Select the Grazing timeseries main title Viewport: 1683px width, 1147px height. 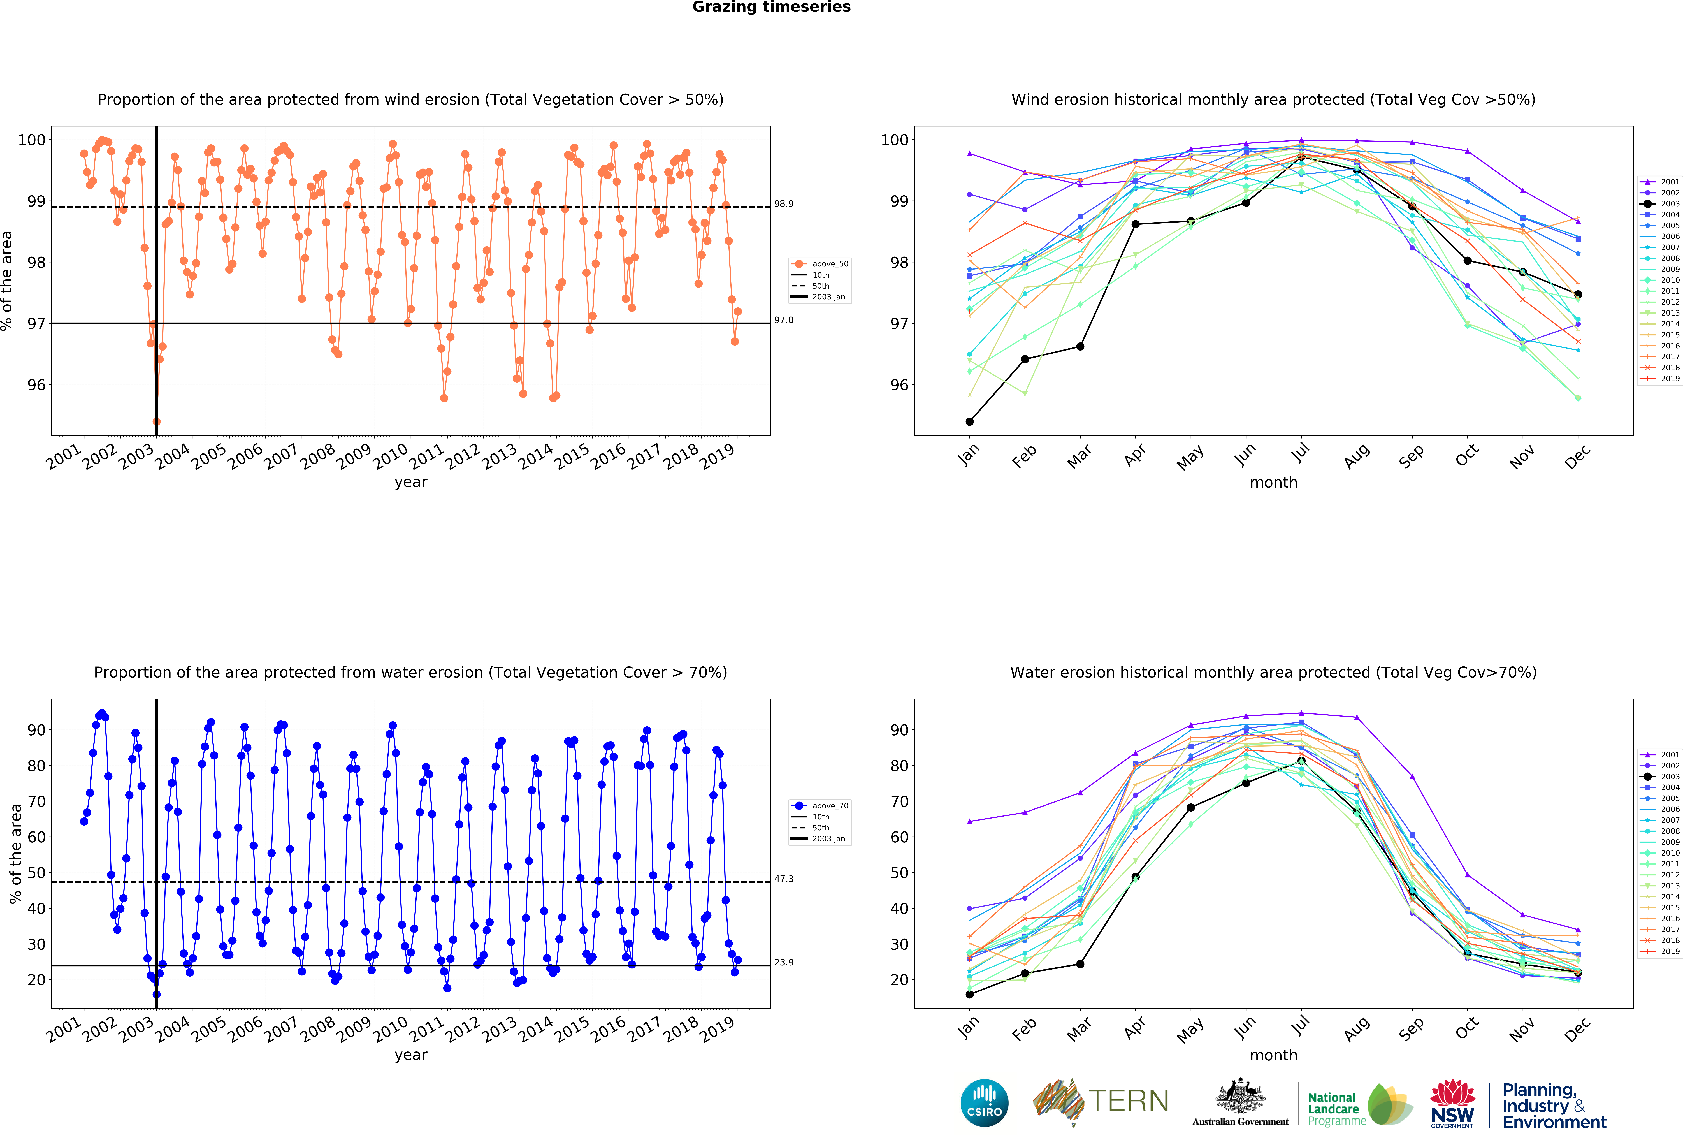click(x=771, y=7)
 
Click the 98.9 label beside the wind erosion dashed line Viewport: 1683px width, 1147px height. click(x=784, y=203)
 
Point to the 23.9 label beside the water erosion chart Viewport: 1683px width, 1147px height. click(x=784, y=962)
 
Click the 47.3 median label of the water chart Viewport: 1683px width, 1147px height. click(x=784, y=879)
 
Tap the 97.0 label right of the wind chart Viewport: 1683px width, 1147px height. click(x=784, y=320)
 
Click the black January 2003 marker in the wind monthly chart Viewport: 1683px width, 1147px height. click(x=970, y=421)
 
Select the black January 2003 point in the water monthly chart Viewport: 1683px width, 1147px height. click(x=970, y=994)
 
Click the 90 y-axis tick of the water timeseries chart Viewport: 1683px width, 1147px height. click(x=36, y=730)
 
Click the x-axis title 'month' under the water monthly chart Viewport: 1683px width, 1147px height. click(x=1273, y=1055)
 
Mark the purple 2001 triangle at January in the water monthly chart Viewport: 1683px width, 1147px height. click(x=970, y=821)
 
